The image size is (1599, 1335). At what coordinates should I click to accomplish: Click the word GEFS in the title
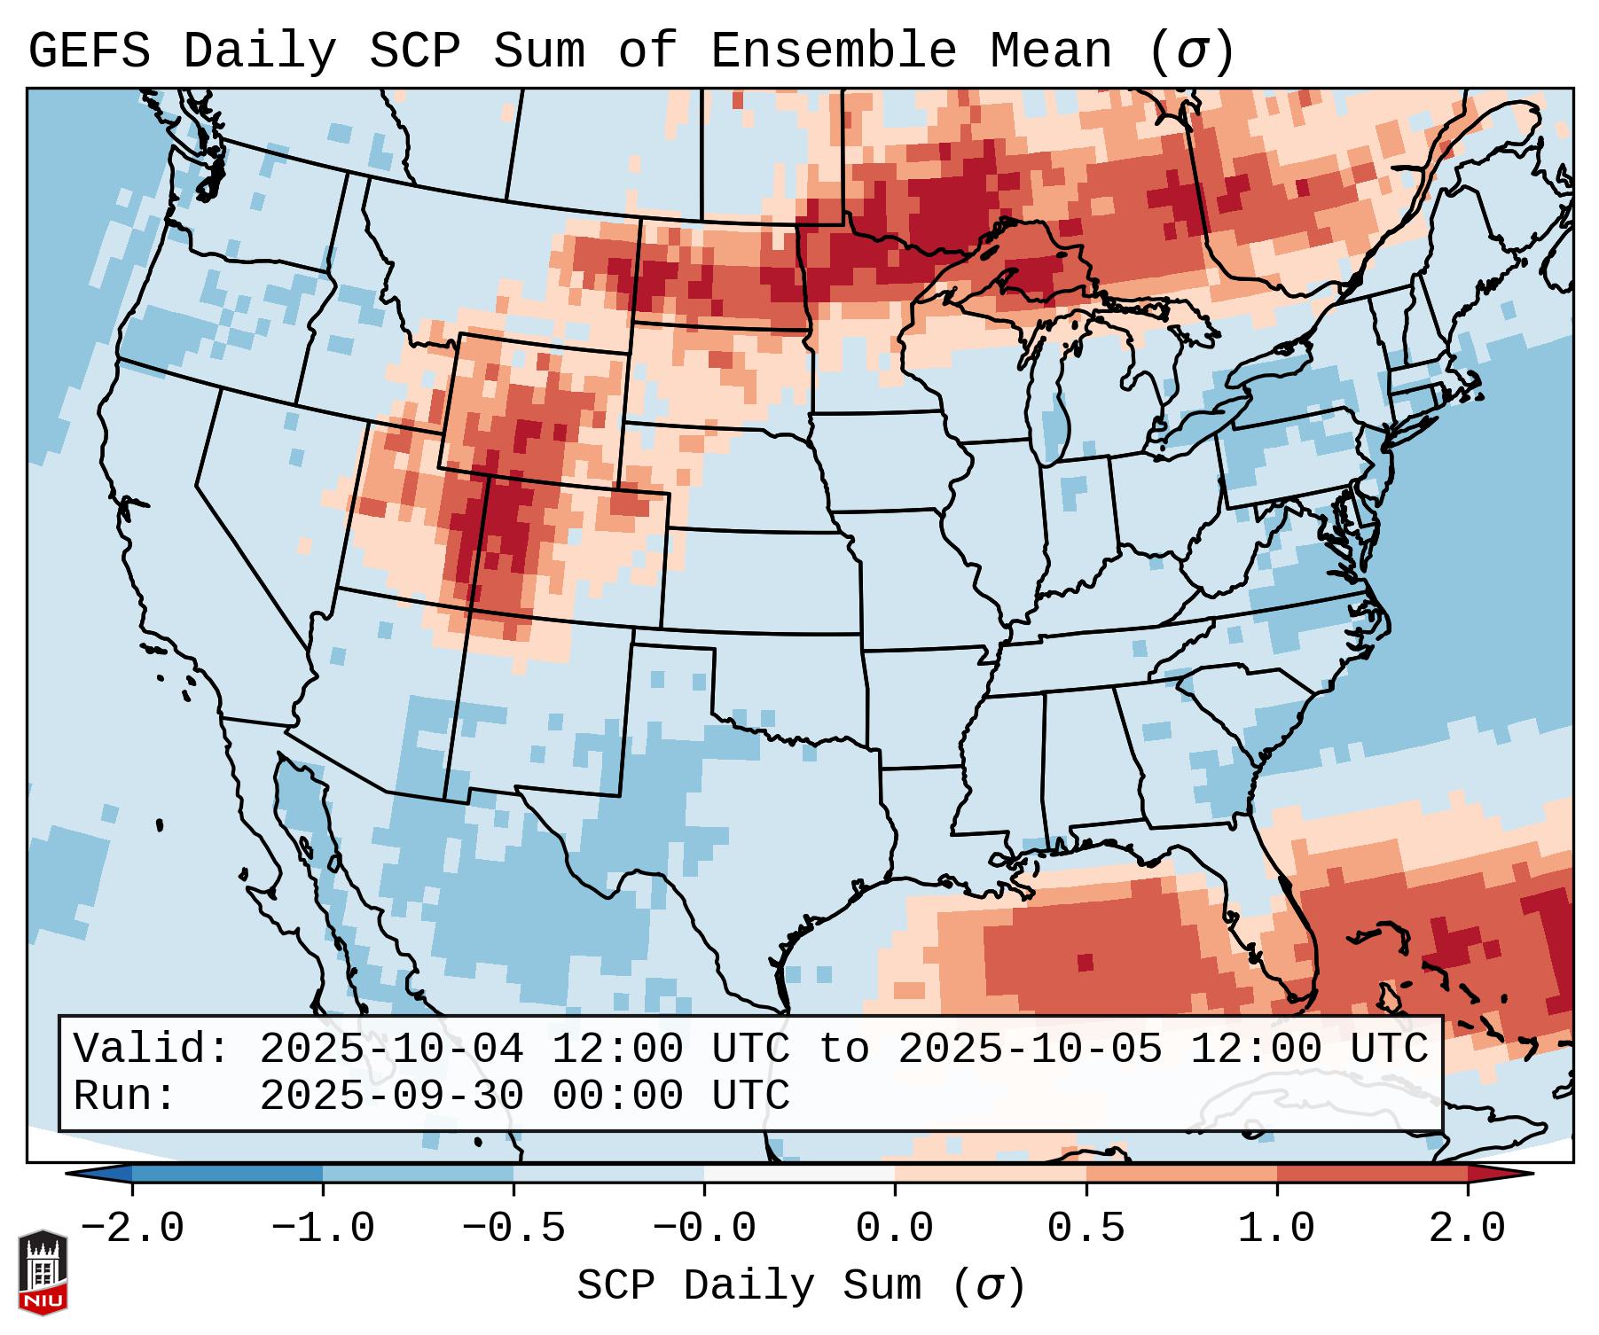click(x=89, y=51)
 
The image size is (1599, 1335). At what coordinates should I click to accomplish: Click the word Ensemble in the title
click(x=833, y=51)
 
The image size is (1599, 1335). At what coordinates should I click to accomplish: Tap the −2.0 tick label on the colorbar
click(x=132, y=1229)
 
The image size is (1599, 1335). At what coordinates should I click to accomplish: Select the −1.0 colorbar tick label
click(x=323, y=1229)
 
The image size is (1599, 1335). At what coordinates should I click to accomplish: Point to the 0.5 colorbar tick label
click(x=1086, y=1229)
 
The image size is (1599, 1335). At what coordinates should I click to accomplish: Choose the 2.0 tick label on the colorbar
click(x=1467, y=1229)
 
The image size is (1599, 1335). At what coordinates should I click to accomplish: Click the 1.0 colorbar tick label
click(x=1276, y=1229)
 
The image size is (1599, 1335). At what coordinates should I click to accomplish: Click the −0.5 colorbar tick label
click(x=513, y=1229)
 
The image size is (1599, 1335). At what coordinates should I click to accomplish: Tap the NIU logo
click(x=43, y=1272)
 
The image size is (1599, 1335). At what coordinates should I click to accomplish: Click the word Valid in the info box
click(x=151, y=1050)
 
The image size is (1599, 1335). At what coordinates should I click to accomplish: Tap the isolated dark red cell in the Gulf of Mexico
click(x=1085, y=963)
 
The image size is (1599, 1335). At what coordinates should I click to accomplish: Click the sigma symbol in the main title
click(x=1192, y=52)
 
